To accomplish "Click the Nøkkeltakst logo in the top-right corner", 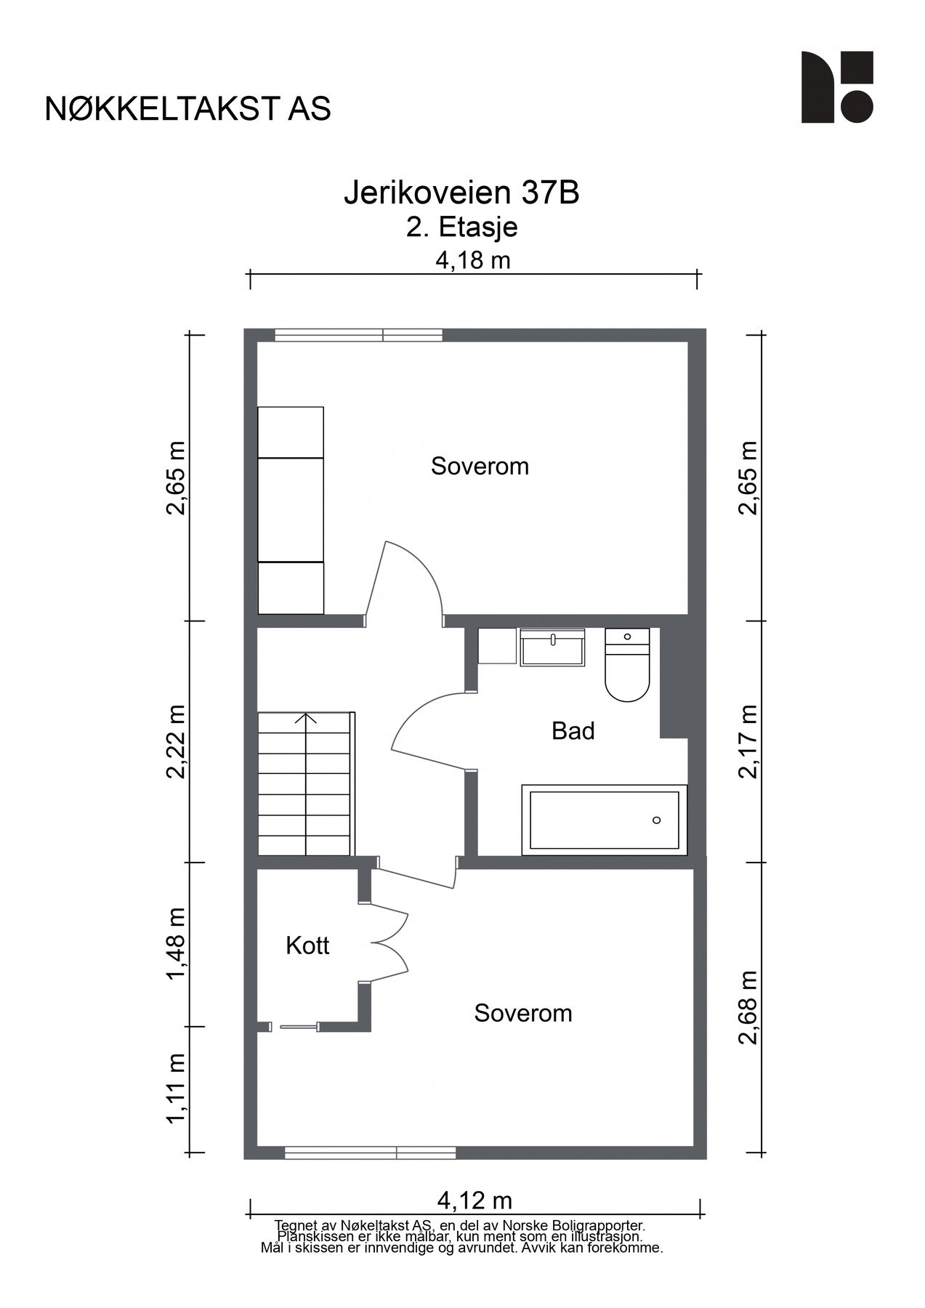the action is (837, 87).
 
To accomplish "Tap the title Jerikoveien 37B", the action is (461, 193).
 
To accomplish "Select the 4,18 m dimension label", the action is (473, 259).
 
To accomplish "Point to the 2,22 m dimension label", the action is (176, 741).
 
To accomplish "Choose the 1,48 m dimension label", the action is (176, 943).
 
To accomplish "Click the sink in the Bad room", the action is (553, 647).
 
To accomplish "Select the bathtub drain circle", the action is (657, 820).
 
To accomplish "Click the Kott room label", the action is (307, 945).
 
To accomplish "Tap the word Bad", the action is (573, 730).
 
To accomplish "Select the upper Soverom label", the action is (480, 466).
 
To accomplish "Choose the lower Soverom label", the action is (523, 1013).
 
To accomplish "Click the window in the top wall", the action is (359, 335).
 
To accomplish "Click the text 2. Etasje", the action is (462, 227).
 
